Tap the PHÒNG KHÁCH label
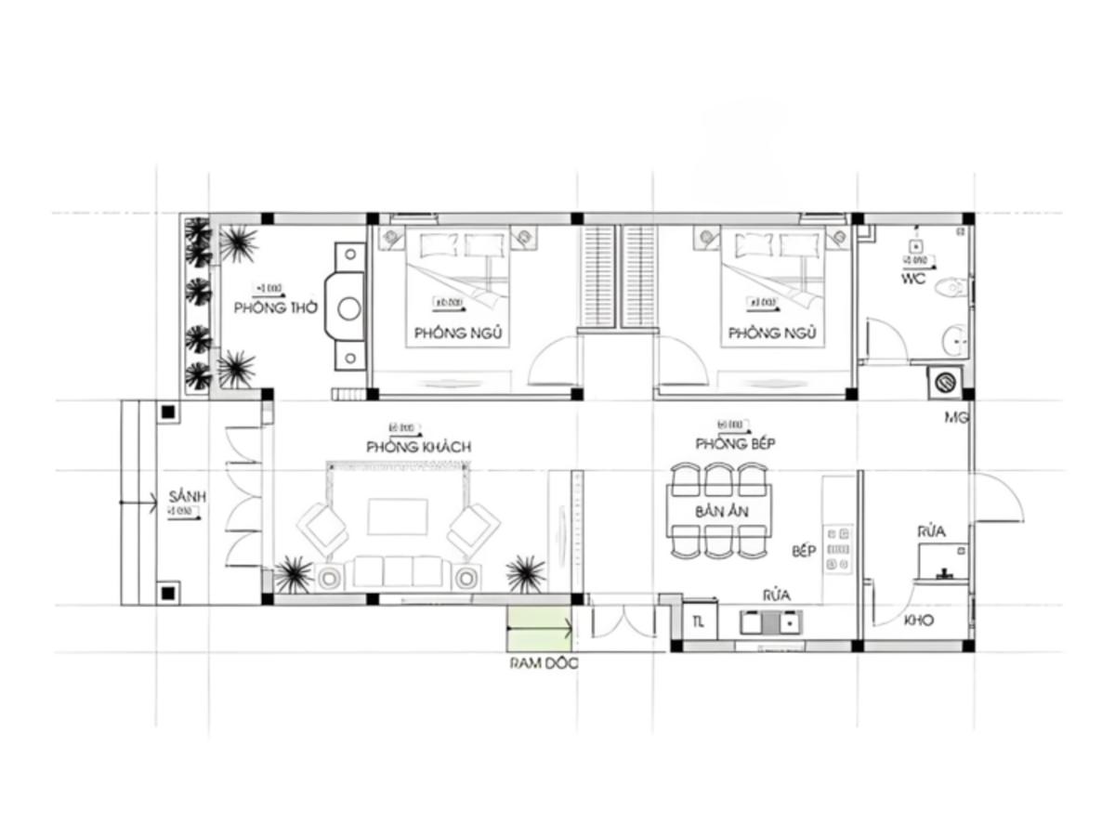tap(418, 447)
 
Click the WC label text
tap(912, 280)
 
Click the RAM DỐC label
tap(543, 663)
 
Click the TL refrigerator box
tap(699, 622)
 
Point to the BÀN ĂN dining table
tap(718, 512)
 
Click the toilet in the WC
tap(953, 287)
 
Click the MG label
tap(956, 418)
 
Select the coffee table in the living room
tap(397, 517)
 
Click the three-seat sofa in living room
tap(397, 572)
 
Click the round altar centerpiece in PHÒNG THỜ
tap(349, 308)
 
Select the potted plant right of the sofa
tap(526, 573)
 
